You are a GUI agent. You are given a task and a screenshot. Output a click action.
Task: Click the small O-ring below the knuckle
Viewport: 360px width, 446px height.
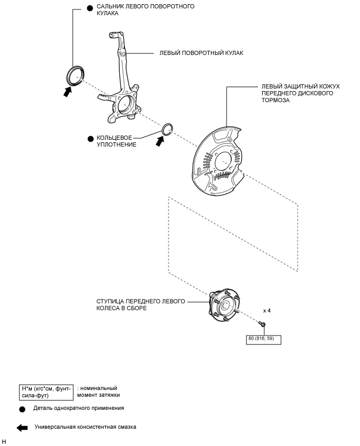(167, 129)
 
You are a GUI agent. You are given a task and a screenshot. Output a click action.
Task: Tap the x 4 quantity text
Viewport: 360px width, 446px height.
(266, 311)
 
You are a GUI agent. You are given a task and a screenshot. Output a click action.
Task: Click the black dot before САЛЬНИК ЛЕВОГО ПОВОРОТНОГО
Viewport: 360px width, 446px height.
(89, 7)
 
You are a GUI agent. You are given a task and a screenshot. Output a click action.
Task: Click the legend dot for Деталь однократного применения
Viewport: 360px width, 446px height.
(22, 408)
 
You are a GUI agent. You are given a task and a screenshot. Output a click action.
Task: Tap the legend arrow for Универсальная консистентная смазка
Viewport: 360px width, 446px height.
(22, 427)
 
